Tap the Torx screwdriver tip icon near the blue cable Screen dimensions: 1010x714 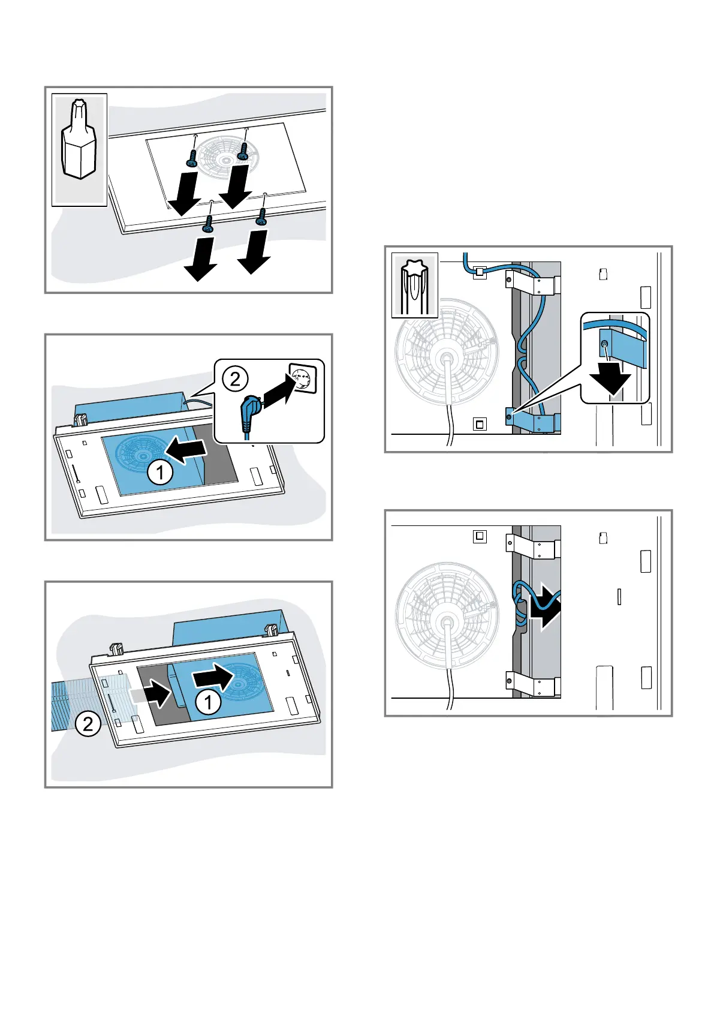pos(415,284)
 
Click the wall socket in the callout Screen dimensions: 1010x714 pos(303,378)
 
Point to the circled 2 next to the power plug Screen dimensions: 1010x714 pos(235,378)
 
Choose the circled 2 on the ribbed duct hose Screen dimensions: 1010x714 pos(88,725)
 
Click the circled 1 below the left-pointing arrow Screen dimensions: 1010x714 pos(160,473)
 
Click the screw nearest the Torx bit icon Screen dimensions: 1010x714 pos(193,158)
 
